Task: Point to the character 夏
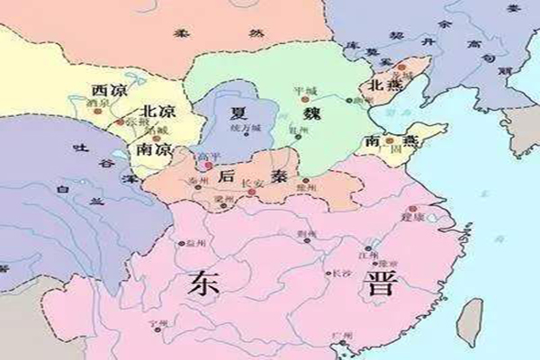click(x=239, y=115)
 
